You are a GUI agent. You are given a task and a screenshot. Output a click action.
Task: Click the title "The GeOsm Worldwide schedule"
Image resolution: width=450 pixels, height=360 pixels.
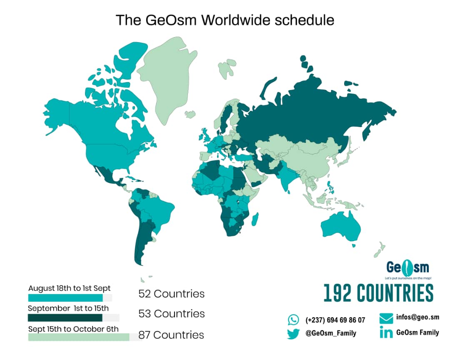(x=225, y=20)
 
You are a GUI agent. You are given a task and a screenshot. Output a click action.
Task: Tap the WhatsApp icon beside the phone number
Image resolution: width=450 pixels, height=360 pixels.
(x=293, y=320)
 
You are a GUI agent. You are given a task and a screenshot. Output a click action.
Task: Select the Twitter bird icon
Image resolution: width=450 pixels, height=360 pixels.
(x=293, y=333)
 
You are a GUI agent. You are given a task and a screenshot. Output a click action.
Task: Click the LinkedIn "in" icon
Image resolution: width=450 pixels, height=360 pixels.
(x=386, y=333)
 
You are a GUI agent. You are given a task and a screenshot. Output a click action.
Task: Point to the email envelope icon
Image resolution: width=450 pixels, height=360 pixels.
(x=386, y=318)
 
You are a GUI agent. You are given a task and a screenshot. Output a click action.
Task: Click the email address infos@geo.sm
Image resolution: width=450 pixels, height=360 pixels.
(x=417, y=317)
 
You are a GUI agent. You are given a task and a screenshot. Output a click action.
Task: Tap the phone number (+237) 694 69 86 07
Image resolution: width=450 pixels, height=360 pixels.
(x=335, y=320)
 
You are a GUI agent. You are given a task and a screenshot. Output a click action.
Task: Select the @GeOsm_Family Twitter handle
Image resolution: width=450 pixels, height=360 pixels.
(x=330, y=333)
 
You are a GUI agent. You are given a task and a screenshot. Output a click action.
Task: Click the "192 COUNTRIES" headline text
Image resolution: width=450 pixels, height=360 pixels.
(x=378, y=293)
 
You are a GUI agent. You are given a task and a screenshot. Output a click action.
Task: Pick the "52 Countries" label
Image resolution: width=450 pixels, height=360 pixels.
(x=171, y=294)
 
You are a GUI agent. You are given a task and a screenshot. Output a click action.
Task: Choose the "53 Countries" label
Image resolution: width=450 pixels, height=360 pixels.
(x=171, y=313)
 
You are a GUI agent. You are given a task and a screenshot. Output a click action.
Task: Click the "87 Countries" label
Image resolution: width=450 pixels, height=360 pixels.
(x=171, y=335)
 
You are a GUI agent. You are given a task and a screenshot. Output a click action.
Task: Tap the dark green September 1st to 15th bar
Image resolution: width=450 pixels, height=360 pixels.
(x=65, y=318)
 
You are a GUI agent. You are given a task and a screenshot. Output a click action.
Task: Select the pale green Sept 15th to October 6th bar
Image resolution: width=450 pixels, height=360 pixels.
(x=79, y=337)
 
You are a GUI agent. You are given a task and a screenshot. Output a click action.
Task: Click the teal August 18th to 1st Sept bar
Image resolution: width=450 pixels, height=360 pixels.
(x=65, y=298)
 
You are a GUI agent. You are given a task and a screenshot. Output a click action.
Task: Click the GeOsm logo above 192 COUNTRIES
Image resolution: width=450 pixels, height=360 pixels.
(x=407, y=268)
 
